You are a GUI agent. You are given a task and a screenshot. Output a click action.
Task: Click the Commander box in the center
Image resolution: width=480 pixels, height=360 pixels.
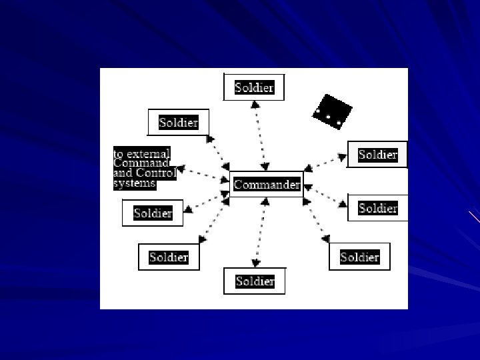click(x=266, y=185)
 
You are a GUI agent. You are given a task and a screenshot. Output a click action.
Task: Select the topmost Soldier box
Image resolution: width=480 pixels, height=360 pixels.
click(x=254, y=87)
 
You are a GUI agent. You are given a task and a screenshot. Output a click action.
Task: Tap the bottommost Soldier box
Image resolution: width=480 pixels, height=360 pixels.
click(x=255, y=281)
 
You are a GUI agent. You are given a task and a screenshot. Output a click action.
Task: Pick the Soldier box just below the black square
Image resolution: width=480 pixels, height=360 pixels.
click(x=377, y=155)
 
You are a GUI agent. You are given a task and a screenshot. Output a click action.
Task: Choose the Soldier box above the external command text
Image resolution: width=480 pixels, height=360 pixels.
click(x=178, y=123)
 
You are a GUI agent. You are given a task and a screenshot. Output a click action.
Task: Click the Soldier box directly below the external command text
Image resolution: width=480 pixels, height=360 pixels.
click(x=153, y=213)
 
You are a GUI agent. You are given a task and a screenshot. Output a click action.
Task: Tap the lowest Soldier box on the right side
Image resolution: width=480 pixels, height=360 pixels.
click(x=359, y=257)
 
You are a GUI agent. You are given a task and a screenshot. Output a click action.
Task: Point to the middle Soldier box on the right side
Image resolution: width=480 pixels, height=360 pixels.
click(x=377, y=208)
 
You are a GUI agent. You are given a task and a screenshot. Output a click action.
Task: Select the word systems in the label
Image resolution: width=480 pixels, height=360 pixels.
click(x=134, y=183)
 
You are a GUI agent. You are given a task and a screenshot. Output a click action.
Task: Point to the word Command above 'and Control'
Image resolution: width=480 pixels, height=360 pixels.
click(x=139, y=163)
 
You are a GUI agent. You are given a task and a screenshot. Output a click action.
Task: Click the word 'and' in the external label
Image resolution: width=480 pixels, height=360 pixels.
click(x=123, y=173)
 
